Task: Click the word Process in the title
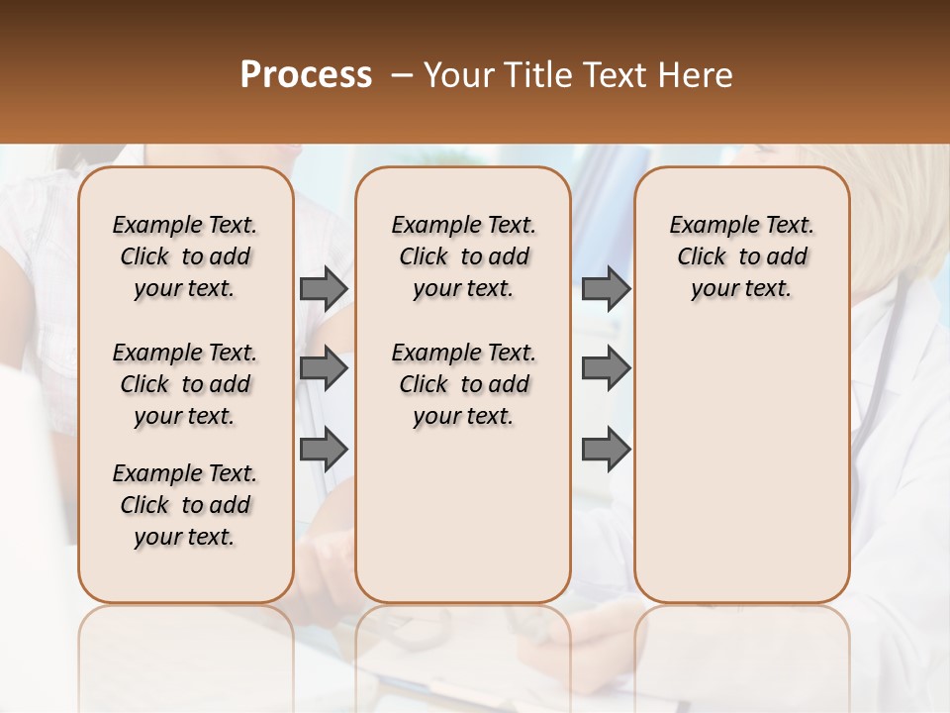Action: click(x=306, y=75)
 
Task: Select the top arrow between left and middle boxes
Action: click(x=324, y=289)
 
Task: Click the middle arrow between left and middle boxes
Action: click(x=324, y=369)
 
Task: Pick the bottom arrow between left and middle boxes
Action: click(x=324, y=450)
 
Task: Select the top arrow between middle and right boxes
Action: click(x=606, y=289)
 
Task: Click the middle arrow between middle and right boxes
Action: click(x=606, y=369)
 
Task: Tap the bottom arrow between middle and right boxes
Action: click(x=606, y=450)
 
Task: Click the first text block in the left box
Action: click(x=185, y=256)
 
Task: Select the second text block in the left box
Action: click(x=185, y=384)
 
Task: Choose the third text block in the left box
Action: click(x=185, y=505)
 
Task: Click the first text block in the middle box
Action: click(x=463, y=256)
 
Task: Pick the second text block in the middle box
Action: click(x=463, y=384)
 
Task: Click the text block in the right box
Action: click(x=741, y=256)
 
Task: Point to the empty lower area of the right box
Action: click(x=741, y=465)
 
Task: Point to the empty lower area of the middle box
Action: click(x=463, y=515)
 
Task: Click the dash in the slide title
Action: click(x=402, y=75)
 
